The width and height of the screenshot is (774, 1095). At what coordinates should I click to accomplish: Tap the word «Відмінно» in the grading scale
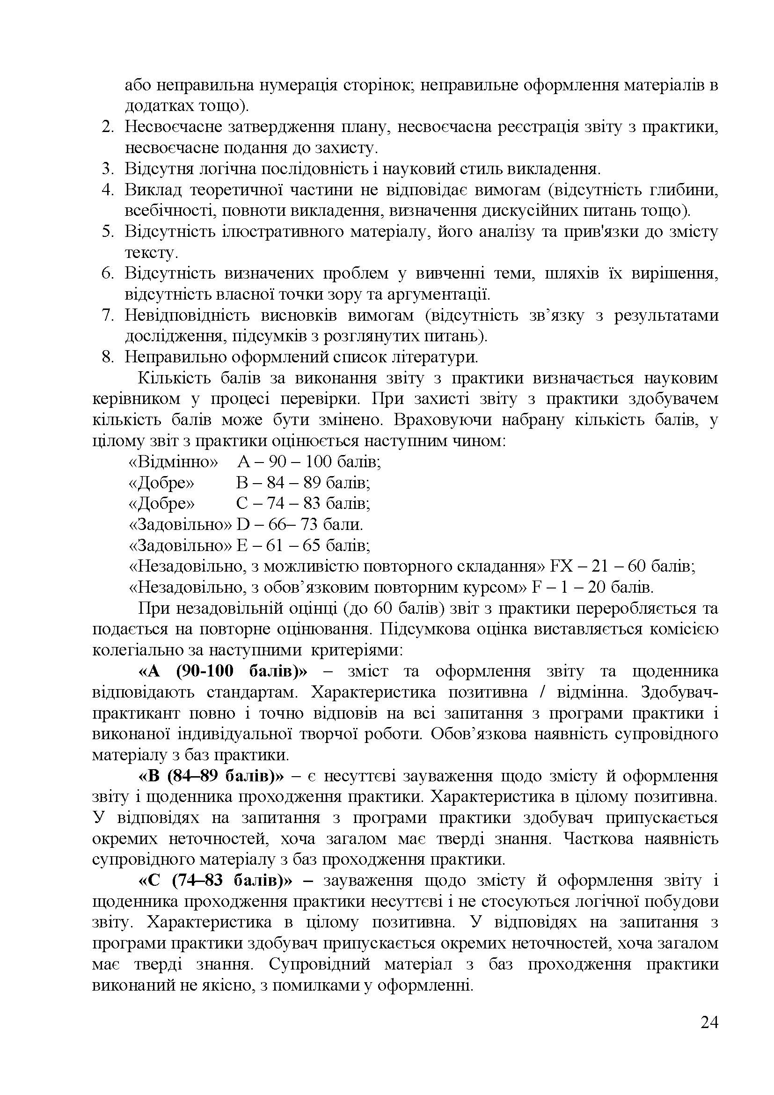[x=174, y=462]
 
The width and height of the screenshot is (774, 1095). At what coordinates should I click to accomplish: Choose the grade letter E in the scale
[x=241, y=545]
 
